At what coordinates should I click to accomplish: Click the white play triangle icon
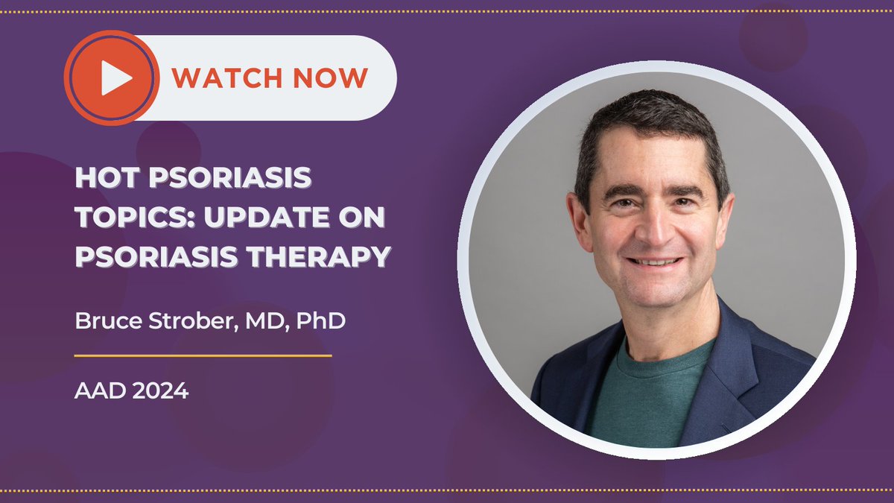[x=115, y=78]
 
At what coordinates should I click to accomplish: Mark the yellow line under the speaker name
[x=203, y=355]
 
